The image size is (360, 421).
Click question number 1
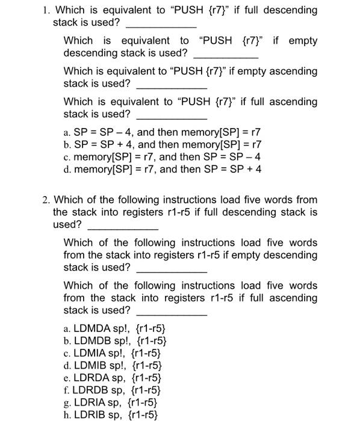pos(46,10)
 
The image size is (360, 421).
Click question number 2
pos(46,200)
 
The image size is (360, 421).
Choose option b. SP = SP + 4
pos(163,144)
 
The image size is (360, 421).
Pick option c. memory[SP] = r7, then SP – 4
pos(163,157)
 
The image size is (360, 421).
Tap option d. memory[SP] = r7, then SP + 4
pos(163,169)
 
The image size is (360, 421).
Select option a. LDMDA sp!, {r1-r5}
pos(114,329)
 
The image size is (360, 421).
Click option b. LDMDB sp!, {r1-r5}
pos(114,341)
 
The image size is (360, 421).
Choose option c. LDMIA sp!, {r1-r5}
pos(113,353)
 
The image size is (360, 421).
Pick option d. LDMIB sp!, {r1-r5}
pos(113,365)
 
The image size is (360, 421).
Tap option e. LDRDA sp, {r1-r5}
pos(112,378)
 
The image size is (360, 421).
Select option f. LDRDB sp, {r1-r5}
pos(112,390)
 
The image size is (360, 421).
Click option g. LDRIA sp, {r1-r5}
pos(110,402)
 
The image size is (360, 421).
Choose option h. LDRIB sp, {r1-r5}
pos(110,414)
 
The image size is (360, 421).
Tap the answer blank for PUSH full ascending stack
pos(172,116)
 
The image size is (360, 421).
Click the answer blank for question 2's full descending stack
pos(123,226)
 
